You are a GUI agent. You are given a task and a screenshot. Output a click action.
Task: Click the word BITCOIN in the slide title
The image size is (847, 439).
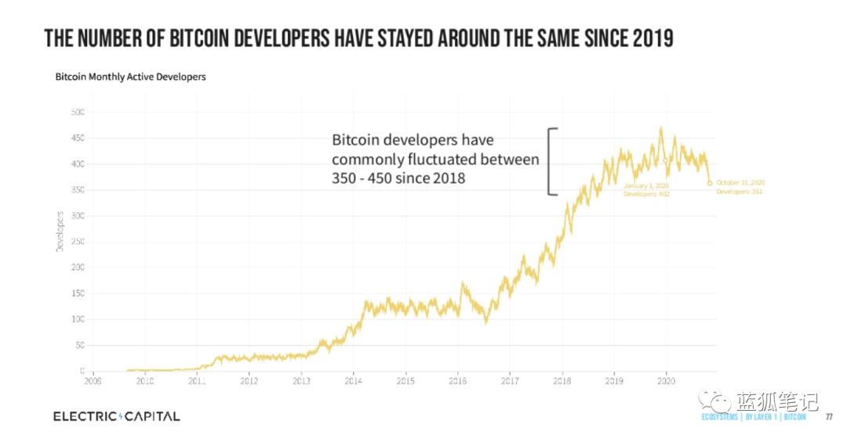point(206,38)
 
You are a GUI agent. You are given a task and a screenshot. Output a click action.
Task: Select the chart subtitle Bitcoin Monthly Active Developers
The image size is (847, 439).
point(130,78)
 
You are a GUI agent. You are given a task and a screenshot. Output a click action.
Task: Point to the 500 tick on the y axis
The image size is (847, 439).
point(77,112)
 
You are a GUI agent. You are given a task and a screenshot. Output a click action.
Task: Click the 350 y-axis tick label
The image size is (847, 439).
point(77,190)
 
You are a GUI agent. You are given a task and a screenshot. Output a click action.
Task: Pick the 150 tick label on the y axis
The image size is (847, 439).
point(77,293)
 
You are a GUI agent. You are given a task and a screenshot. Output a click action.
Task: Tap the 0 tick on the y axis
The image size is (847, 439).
point(82,371)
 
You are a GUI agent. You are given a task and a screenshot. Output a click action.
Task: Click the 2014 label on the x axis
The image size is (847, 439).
point(353,382)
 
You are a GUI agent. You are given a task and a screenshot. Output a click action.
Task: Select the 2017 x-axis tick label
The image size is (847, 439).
point(510,382)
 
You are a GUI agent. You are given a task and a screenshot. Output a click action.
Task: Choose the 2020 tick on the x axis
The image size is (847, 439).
point(666,382)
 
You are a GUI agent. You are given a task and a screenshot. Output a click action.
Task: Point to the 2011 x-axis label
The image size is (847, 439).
point(197,382)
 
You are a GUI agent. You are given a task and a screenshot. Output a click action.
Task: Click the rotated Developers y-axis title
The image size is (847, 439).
point(59,230)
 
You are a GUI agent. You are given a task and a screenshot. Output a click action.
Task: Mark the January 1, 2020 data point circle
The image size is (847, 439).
point(666,161)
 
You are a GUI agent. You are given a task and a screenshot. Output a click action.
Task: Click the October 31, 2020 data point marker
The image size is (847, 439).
point(710,184)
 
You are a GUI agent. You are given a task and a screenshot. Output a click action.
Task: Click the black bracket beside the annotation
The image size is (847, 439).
point(552,161)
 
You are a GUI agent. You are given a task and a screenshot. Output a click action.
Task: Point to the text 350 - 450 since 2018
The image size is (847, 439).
point(398,178)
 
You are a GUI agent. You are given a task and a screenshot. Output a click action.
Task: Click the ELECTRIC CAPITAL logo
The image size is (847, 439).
point(116,415)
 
